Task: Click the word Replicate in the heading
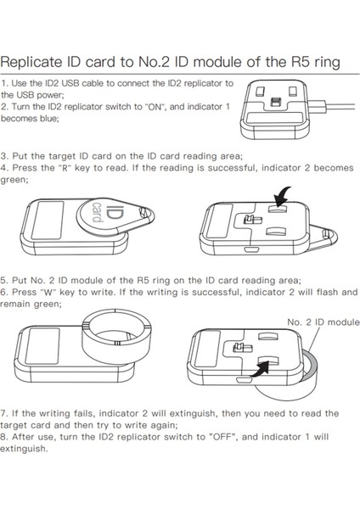tap(31, 62)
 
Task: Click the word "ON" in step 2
tap(155, 107)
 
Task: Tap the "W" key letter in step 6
tap(47, 292)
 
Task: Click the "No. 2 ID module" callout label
tap(323, 322)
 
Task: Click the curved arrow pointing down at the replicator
tap(282, 197)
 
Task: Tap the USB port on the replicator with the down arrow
tap(251, 250)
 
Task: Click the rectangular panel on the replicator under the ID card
tap(48, 220)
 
